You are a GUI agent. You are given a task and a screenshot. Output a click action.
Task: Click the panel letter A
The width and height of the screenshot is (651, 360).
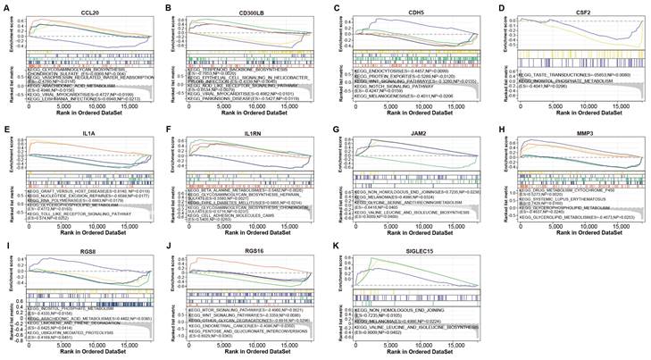[x=6, y=8]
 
